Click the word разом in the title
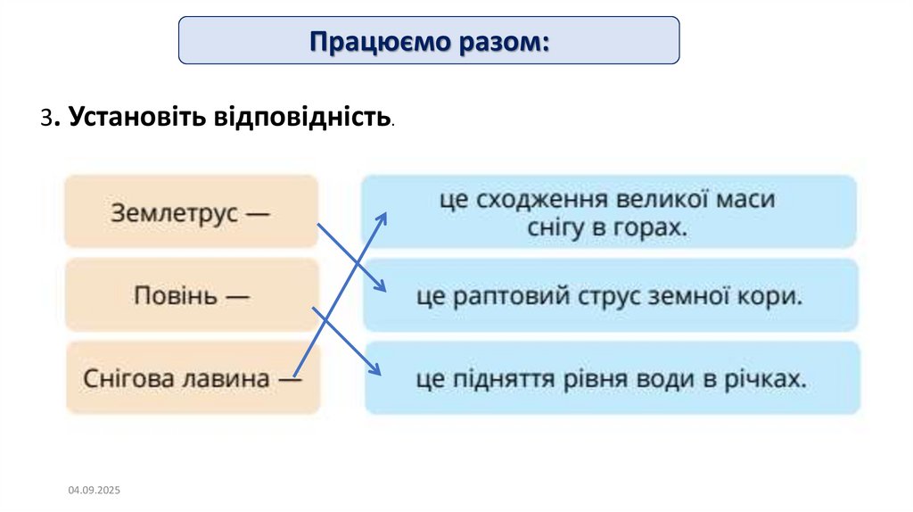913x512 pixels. tap(502, 41)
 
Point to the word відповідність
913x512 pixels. tap(301, 117)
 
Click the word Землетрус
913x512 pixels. tap(175, 213)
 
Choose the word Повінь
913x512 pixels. tap(175, 295)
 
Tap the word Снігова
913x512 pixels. tap(127, 378)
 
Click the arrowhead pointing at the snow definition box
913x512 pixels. tap(382, 217)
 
